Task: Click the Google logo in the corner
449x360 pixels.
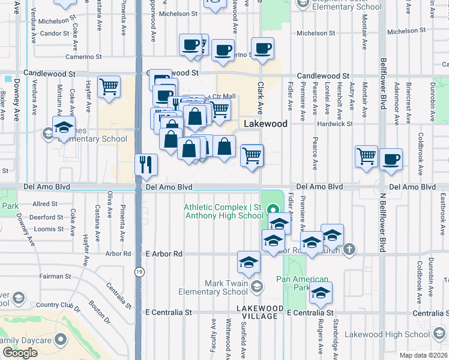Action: (20, 352)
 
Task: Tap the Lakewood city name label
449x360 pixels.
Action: (266, 124)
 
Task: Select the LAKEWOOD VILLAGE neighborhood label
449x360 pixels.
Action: (257, 312)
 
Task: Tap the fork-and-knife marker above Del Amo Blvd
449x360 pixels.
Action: (146, 164)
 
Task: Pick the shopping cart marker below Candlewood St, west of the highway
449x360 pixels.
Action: (109, 86)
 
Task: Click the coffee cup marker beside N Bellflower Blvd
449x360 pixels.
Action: (391, 159)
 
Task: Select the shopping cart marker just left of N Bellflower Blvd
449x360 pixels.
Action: (366, 156)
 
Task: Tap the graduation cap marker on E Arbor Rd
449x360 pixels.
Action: (249, 262)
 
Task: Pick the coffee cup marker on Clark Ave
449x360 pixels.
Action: (262, 48)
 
